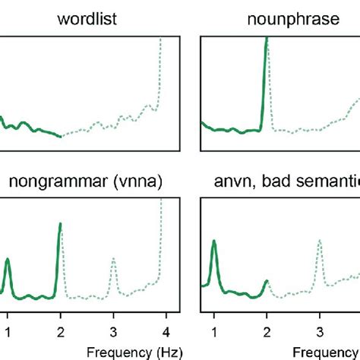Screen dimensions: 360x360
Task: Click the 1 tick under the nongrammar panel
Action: (x=8, y=330)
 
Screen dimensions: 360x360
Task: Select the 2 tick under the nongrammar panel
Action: (x=61, y=330)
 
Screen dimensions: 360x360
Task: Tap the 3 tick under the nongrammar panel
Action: (x=113, y=330)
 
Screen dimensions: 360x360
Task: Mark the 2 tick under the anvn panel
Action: (x=267, y=330)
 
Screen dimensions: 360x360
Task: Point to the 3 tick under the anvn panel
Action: (x=319, y=330)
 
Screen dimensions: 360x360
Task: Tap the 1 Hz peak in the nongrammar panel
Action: (x=8, y=261)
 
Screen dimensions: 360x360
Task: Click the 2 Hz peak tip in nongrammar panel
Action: (x=61, y=225)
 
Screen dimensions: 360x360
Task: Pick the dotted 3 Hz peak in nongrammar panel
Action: (x=113, y=260)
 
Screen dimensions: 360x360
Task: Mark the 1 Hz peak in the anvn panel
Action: (x=214, y=242)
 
